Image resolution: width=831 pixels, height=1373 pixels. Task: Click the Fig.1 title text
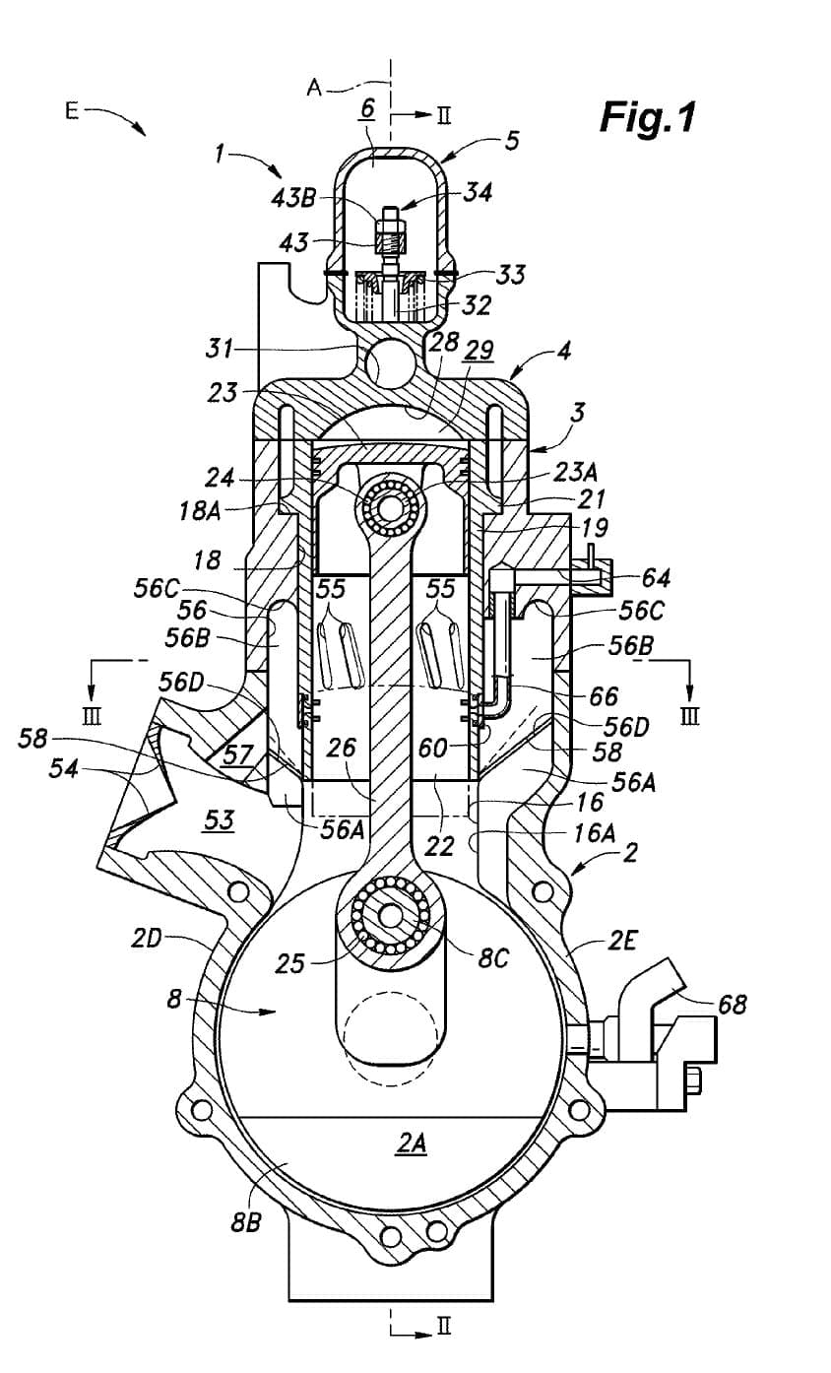pyautogui.click(x=648, y=116)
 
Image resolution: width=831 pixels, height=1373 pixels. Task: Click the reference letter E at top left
pyautogui.click(x=72, y=111)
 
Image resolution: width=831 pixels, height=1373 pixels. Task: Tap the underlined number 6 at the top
pyautogui.click(x=367, y=108)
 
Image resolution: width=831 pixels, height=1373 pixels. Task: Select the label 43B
pyautogui.click(x=293, y=197)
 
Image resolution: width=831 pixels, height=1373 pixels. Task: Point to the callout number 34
pyautogui.click(x=478, y=192)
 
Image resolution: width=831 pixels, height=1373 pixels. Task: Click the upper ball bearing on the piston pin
pyautogui.click(x=389, y=506)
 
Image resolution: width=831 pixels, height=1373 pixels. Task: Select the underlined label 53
pyautogui.click(x=220, y=819)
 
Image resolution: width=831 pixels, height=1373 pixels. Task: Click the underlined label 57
pyautogui.click(x=237, y=754)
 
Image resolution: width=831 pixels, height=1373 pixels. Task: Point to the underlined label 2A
pyautogui.click(x=412, y=1143)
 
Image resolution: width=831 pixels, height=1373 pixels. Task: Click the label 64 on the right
pyautogui.click(x=656, y=577)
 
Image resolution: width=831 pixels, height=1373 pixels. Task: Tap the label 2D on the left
pyautogui.click(x=146, y=938)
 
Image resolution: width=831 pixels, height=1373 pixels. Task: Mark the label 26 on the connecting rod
pyautogui.click(x=341, y=748)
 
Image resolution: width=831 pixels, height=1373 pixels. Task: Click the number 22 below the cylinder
pyautogui.click(x=439, y=846)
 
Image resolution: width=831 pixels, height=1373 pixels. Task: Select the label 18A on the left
pyautogui.click(x=200, y=510)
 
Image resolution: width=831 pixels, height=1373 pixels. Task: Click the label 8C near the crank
pyautogui.click(x=493, y=958)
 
